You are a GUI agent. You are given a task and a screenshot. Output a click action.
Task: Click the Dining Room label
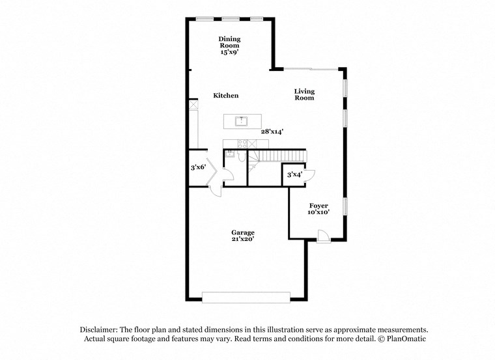click(x=229, y=42)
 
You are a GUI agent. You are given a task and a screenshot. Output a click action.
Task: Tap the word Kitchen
click(x=226, y=96)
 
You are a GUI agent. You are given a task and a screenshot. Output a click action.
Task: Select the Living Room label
click(x=304, y=94)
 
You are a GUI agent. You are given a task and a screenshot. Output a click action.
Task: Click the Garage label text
click(x=243, y=232)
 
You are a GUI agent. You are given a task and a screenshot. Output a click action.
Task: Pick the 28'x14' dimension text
click(x=272, y=132)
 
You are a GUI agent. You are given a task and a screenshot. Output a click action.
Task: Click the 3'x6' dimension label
click(x=198, y=167)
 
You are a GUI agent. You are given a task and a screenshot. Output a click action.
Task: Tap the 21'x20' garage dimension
click(x=243, y=239)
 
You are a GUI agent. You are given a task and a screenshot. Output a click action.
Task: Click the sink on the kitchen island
click(x=242, y=120)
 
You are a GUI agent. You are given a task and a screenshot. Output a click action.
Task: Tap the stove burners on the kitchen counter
click(x=242, y=143)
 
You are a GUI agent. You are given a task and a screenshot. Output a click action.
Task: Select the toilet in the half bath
click(x=241, y=157)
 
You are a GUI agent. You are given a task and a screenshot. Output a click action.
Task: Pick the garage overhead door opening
click(x=246, y=298)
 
